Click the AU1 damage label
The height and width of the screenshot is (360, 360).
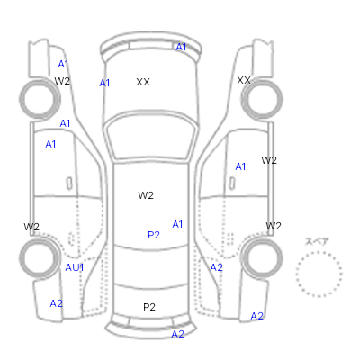75,267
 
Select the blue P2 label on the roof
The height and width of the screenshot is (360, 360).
154,235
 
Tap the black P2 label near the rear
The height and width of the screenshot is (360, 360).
149,307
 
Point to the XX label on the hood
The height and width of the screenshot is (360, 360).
143,82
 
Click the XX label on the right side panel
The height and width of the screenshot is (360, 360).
244,80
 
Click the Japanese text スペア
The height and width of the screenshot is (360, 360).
317,241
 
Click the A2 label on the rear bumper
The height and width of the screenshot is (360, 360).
177,334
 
